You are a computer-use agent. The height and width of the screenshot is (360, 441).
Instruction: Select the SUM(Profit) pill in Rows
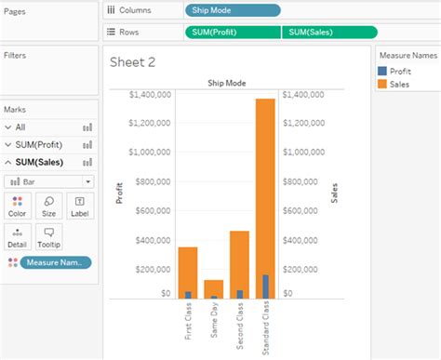pyautogui.click(x=233, y=33)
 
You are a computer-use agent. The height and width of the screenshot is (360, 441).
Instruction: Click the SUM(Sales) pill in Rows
pyautogui.click(x=327, y=33)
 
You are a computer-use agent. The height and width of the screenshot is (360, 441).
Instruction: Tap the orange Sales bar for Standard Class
pyautogui.click(x=265, y=186)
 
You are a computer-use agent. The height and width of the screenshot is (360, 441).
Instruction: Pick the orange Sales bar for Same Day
pyautogui.click(x=214, y=287)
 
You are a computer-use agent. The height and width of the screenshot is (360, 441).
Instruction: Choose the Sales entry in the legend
pyautogui.click(x=399, y=84)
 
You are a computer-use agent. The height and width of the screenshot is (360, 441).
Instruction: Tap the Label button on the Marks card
pyautogui.click(x=79, y=206)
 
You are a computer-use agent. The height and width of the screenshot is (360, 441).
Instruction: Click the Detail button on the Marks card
pyautogui.click(x=17, y=236)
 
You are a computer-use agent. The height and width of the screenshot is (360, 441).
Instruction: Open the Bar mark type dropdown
pyautogui.click(x=48, y=181)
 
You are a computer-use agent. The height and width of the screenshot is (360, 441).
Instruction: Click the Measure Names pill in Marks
pyautogui.click(x=56, y=262)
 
